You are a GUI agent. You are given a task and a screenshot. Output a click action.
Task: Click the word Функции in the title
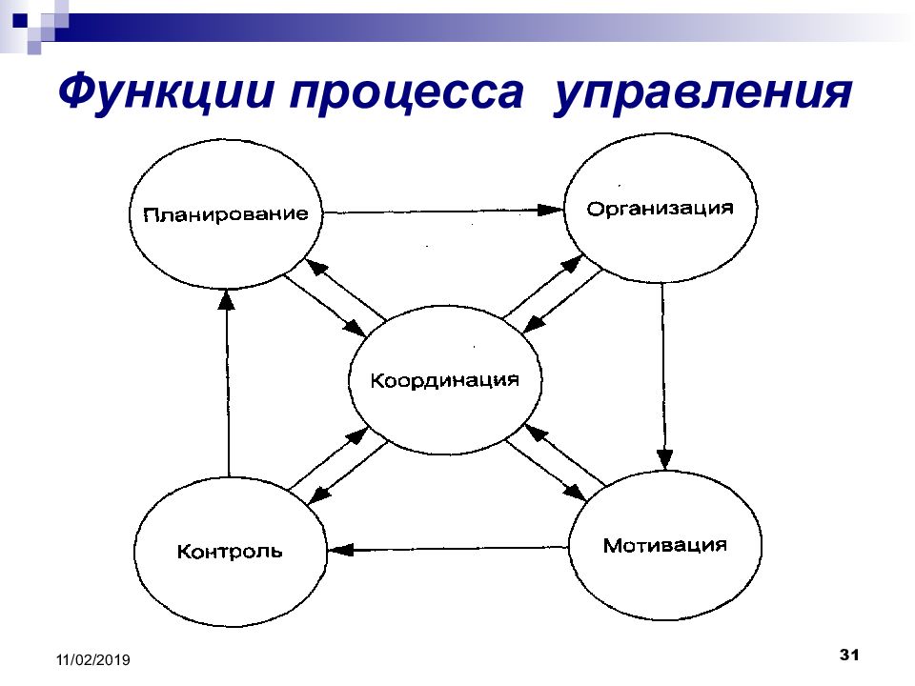click(166, 92)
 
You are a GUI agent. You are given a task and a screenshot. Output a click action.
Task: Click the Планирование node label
click(226, 214)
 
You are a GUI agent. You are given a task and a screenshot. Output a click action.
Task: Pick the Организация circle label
click(660, 209)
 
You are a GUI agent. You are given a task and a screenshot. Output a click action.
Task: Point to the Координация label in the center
click(445, 380)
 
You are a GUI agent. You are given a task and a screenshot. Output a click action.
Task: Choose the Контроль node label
click(230, 552)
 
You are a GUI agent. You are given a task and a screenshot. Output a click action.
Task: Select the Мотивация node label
click(665, 545)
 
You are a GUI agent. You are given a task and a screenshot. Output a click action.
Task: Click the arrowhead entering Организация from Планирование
click(550, 210)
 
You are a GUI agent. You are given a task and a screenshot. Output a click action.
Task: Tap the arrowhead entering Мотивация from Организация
click(664, 459)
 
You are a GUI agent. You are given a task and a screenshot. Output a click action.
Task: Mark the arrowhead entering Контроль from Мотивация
click(341, 550)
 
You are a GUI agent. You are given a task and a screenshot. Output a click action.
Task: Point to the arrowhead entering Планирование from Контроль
click(227, 300)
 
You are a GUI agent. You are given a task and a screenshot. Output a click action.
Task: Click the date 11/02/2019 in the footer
click(93, 659)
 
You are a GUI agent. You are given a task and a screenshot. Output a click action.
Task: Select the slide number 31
click(849, 655)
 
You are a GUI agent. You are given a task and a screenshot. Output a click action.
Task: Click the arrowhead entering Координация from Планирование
click(356, 327)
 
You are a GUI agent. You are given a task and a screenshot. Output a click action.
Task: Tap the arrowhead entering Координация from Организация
click(533, 324)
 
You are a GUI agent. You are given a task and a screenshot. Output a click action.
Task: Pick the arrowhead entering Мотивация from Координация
click(574, 492)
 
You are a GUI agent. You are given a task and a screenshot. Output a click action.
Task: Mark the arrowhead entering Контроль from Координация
click(318, 494)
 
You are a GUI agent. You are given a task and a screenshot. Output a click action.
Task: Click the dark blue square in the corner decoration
click(20, 21)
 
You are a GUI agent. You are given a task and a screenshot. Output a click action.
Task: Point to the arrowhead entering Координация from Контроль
click(357, 435)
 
